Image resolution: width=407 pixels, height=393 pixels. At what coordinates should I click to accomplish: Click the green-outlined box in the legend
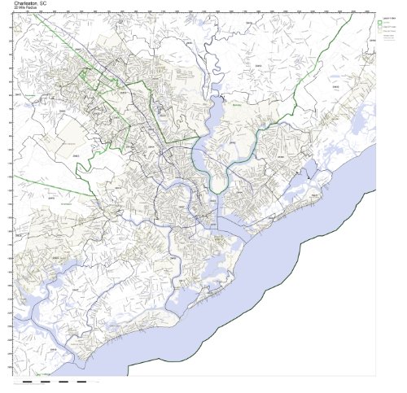coord(383,22)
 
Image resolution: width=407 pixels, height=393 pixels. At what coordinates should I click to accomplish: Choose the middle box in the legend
coord(383,28)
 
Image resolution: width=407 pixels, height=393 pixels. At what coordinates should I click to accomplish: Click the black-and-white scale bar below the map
coord(57,381)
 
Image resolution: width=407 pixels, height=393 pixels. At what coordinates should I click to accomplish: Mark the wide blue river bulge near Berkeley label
coord(218,110)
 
